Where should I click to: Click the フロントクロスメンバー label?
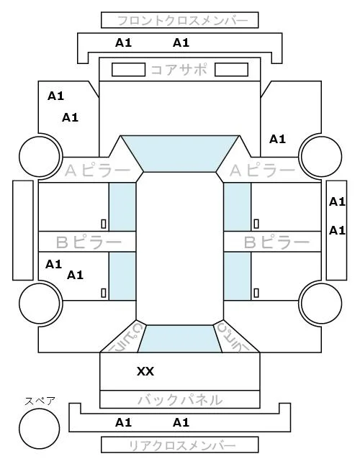point(182,21)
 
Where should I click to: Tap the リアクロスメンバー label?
point(182,445)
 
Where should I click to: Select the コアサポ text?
point(179,70)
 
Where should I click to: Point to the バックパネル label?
point(180,400)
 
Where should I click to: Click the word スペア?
point(40,401)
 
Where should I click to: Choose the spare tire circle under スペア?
point(40,429)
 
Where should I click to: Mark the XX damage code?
point(145,371)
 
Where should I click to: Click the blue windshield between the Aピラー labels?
point(180,153)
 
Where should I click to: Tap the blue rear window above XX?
point(180,339)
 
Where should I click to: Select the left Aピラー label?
point(97,170)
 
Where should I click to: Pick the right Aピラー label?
point(263,170)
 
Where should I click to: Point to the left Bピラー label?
point(89,242)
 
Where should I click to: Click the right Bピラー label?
point(276,242)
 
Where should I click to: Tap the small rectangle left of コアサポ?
point(128,70)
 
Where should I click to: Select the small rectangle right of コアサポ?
point(231,70)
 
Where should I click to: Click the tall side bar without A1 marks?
point(23,230)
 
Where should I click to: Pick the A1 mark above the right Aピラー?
point(277,139)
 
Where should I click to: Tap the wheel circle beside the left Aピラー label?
point(40,156)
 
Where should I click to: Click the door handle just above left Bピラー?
point(104,224)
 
